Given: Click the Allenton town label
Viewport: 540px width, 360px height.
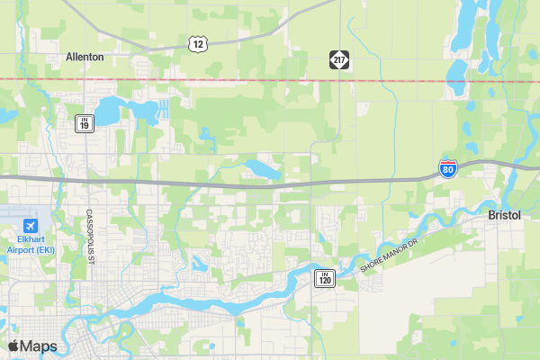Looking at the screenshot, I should pos(85,57).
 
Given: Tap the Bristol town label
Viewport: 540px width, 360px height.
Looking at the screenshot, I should pos(504,216).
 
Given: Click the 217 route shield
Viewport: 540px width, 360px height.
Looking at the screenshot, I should pos(338,59).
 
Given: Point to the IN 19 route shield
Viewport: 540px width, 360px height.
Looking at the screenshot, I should pos(83,123).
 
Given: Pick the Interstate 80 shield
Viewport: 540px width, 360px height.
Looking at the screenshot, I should pos(448,168).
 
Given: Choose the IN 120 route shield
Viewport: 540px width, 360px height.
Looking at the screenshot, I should pos(324,278).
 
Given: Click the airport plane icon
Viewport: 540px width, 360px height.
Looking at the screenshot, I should pos(31,225).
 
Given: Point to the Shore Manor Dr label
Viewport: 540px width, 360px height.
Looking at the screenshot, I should pos(390,256).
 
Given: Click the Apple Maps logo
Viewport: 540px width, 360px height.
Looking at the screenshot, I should pos(32,346).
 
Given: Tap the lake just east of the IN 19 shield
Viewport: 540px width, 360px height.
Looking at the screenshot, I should pos(108,112).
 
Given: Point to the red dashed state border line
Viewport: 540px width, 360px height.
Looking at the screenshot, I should pos(270,80).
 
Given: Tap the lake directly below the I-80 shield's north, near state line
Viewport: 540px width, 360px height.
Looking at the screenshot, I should pos(457,70).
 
